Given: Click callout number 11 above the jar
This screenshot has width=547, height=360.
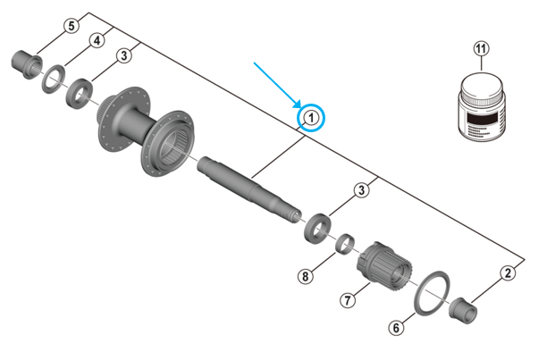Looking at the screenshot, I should (483, 49).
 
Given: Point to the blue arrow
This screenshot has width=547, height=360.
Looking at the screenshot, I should (278, 85).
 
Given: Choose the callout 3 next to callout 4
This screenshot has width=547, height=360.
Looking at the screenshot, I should (124, 55).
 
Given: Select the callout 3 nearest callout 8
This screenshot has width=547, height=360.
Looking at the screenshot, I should (362, 189).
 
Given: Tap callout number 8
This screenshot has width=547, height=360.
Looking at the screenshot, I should (306, 276).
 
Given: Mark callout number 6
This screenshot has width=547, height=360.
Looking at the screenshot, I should (395, 328).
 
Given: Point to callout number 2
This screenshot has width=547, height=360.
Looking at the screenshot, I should (508, 274).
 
